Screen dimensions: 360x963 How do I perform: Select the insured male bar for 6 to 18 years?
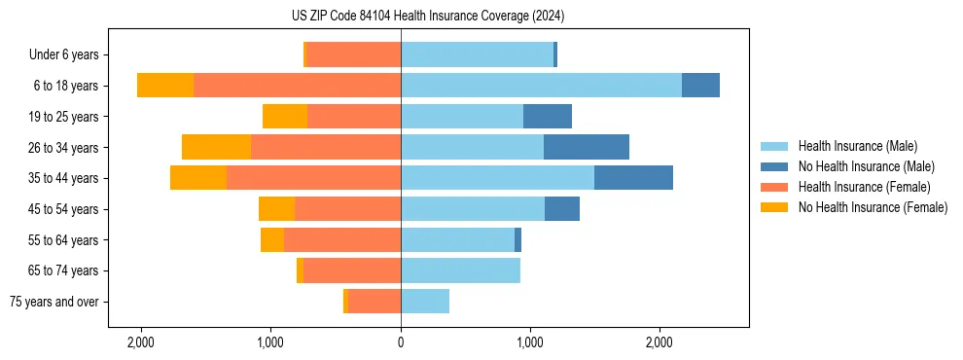click(x=541, y=86)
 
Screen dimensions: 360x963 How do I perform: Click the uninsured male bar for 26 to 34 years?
click(x=586, y=147)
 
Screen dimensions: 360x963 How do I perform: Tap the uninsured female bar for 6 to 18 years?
click(x=165, y=86)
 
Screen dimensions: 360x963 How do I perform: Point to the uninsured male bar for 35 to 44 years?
click(x=633, y=178)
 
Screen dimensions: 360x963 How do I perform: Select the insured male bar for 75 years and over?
click(x=425, y=302)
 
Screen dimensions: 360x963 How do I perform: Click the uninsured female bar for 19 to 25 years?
click(x=285, y=117)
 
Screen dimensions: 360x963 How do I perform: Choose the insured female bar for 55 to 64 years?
click(x=342, y=239)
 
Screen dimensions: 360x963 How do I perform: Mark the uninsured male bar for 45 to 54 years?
click(x=562, y=208)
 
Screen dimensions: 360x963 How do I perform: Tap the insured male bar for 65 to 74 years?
click(x=460, y=270)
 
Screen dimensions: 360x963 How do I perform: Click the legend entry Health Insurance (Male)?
click(x=857, y=146)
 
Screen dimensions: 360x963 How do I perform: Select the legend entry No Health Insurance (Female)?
click(x=873, y=207)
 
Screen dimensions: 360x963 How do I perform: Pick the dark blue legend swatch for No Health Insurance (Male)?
click(x=774, y=166)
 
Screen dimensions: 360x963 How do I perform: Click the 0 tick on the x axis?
click(x=401, y=342)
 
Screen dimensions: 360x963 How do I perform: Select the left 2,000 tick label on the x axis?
click(x=141, y=342)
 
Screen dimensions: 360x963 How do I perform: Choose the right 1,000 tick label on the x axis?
click(x=530, y=342)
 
